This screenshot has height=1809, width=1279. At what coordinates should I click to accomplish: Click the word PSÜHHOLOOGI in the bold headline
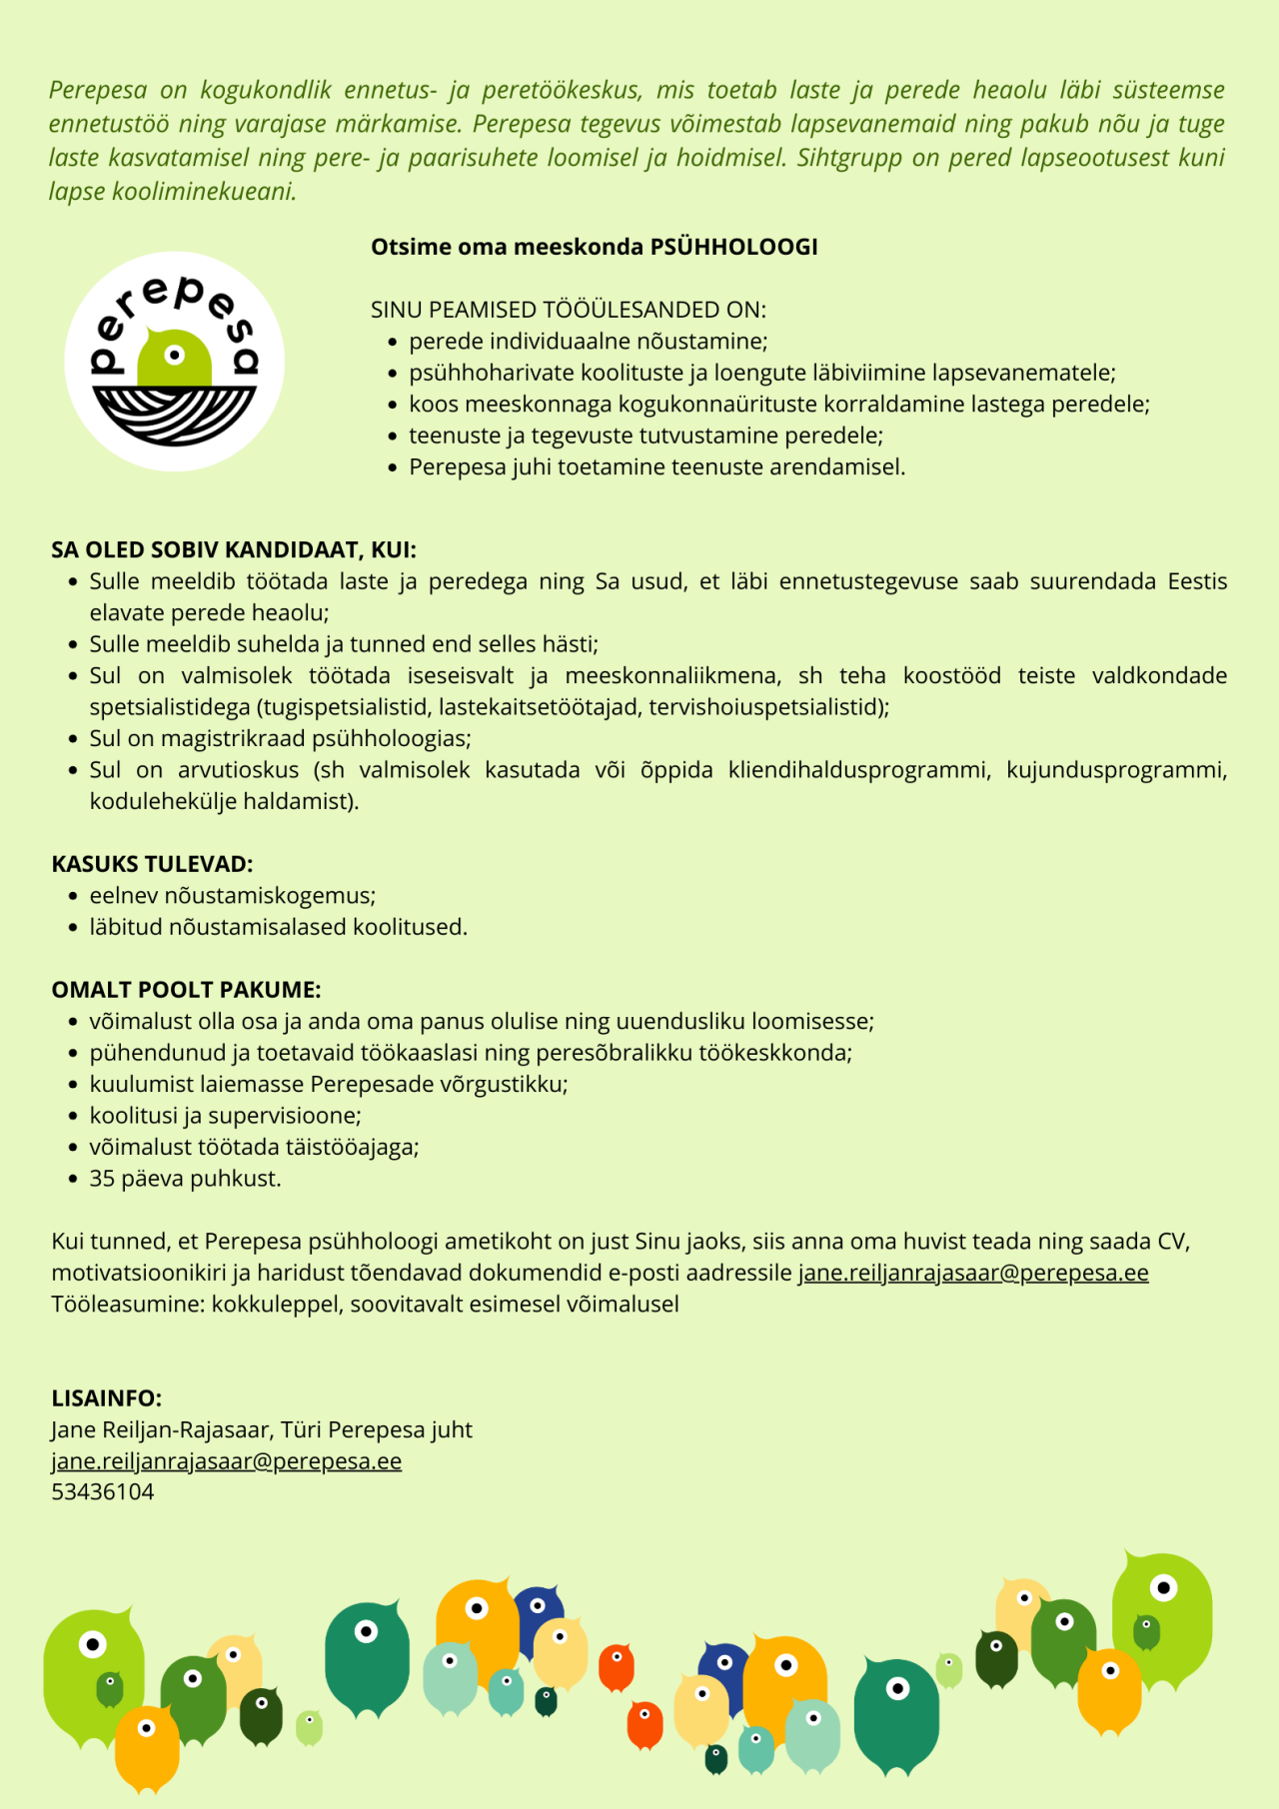click(733, 247)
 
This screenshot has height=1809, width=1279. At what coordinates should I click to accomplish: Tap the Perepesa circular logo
click(175, 362)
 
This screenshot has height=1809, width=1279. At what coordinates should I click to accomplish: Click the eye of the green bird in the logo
click(175, 355)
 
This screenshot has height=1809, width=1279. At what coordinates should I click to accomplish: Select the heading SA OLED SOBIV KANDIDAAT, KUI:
click(234, 549)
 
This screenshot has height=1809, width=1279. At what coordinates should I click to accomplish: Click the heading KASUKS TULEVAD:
click(152, 864)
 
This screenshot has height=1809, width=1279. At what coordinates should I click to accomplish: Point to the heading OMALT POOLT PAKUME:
click(186, 990)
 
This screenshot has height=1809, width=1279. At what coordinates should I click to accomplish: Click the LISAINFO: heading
click(106, 1398)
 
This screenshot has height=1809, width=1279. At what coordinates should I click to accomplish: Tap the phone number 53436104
click(103, 1492)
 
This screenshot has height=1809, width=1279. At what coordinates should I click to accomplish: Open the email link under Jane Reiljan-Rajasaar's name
click(226, 1461)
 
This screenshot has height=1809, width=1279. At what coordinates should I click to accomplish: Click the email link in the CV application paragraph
click(972, 1273)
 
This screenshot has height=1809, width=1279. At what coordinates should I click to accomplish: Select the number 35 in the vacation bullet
click(102, 1179)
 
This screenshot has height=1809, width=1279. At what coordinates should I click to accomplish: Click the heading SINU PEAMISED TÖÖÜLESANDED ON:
click(568, 310)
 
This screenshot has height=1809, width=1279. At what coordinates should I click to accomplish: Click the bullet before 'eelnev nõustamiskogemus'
click(73, 897)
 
